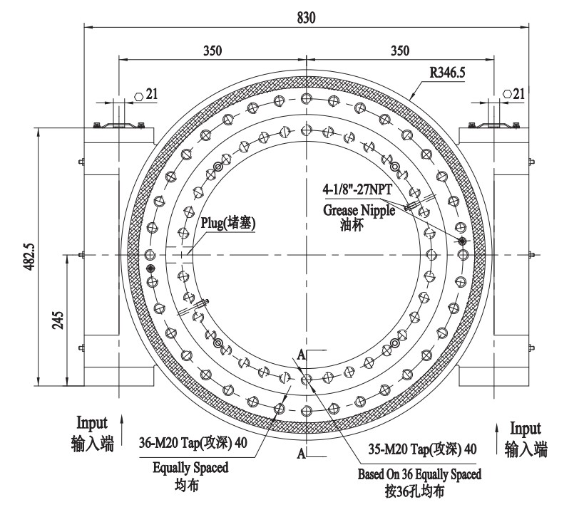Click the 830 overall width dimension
(307, 19)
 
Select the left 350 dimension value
(212, 51)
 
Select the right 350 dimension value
(401, 51)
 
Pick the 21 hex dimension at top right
(518, 94)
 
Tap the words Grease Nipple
(359, 210)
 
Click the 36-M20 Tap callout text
(193, 442)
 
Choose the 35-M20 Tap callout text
(421, 449)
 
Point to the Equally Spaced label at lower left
(190, 468)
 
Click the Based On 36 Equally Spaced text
(419, 474)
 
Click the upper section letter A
(302, 354)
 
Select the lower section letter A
(302, 453)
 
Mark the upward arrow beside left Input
(124, 422)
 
